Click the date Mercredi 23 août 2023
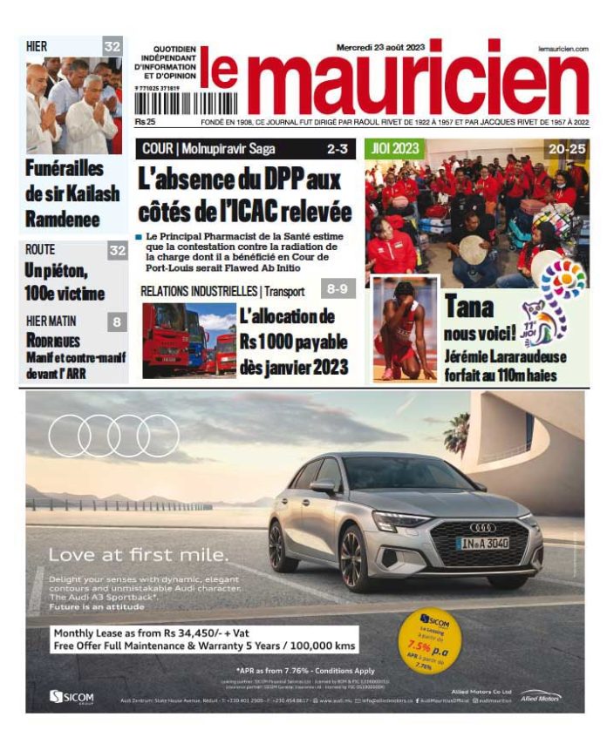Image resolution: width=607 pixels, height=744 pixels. click(381, 47)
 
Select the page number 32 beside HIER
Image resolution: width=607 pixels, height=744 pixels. click(113, 47)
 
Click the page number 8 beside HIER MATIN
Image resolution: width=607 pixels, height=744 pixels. click(117, 322)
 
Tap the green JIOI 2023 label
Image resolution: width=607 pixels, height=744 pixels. click(393, 149)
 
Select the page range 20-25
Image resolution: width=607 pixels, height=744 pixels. click(566, 149)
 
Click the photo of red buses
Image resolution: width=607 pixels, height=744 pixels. click(188, 340)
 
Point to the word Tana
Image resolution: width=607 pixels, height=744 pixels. click(469, 307)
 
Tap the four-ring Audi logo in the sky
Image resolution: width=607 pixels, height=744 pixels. click(114, 436)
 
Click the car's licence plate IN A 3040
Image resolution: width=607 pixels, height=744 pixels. click(482, 544)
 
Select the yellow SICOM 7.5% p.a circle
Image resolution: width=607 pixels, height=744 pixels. click(430, 641)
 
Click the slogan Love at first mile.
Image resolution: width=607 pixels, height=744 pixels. click(127, 554)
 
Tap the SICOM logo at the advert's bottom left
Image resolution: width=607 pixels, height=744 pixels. click(72, 697)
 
